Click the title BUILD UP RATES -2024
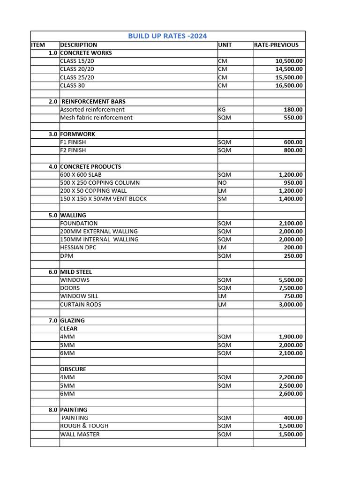point(167,36)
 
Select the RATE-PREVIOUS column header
point(276,45)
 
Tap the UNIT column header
point(225,45)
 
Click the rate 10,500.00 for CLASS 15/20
point(289,61)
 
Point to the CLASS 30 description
point(73,85)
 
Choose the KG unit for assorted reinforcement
point(222,110)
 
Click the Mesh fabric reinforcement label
point(96,118)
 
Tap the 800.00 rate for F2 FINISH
point(293,150)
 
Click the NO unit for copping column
point(223,183)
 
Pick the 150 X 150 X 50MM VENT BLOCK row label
point(103,199)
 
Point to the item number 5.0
point(53,215)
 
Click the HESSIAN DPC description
point(78,247)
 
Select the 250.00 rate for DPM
point(293,256)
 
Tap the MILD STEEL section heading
point(76,272)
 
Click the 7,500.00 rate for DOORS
point(291,288)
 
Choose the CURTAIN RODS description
point(81,305)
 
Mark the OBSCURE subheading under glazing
point(73,369)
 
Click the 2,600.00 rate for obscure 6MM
point(291,394)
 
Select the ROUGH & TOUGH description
point(84,426)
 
